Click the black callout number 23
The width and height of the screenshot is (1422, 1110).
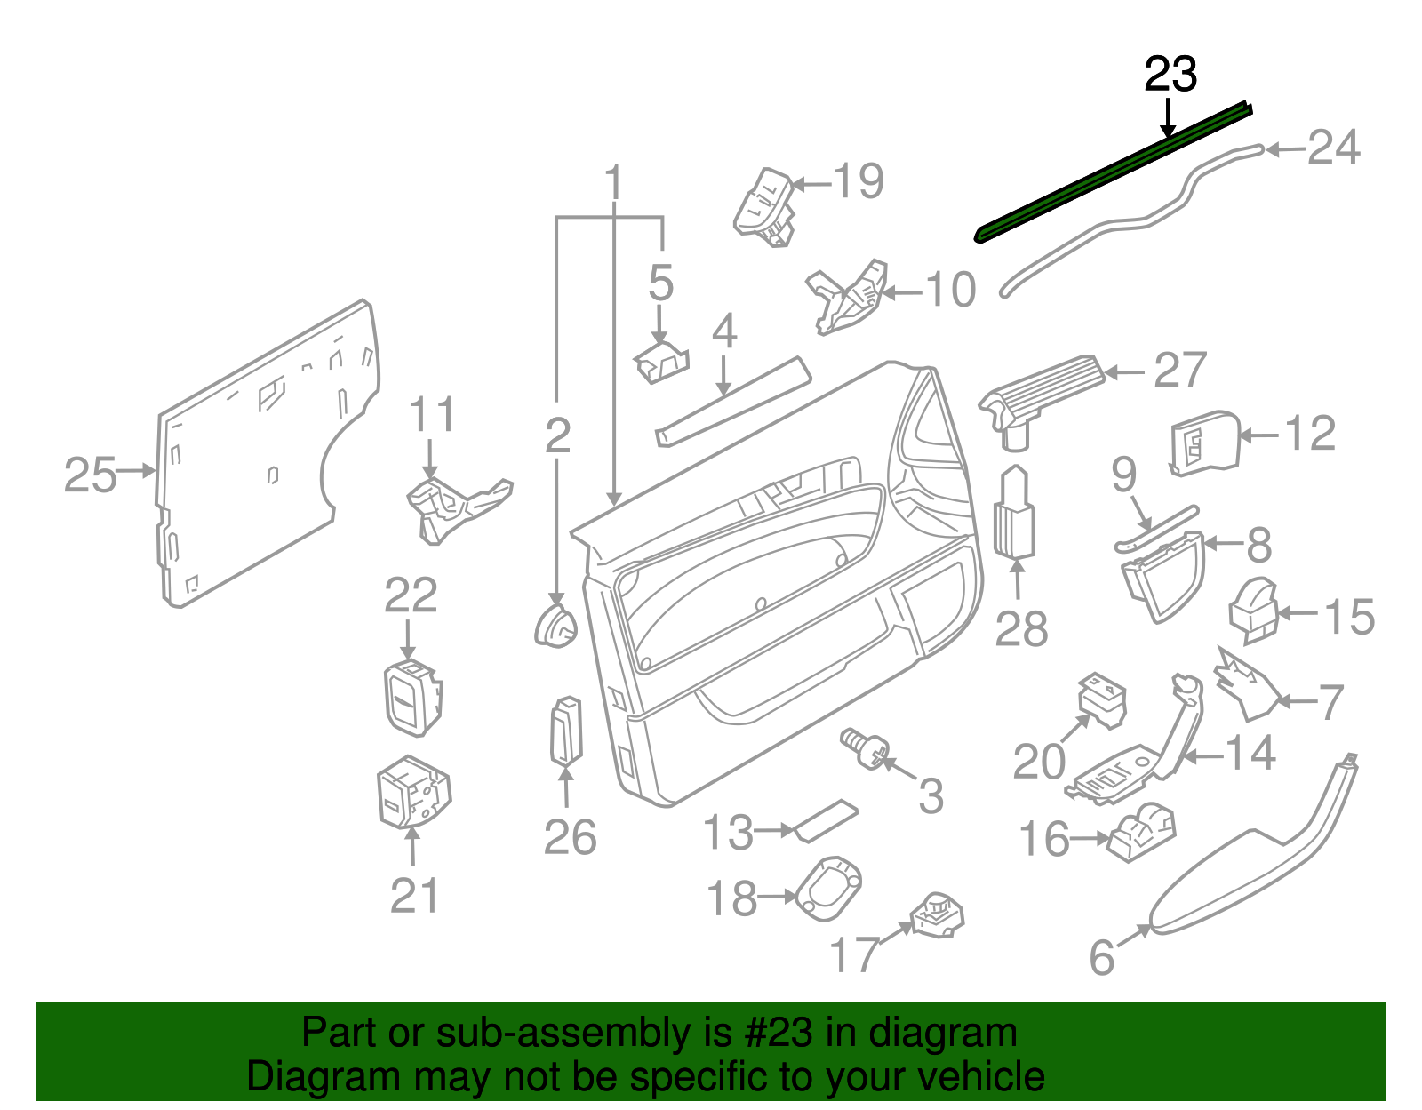(x=1170, y=74)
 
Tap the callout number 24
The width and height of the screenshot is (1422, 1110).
(x=1333, y=148)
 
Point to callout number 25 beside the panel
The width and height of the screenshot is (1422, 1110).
(x=90, y=475)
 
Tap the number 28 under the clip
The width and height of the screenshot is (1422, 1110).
(x=1021, y=628)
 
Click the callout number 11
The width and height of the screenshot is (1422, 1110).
(x=432, y=415)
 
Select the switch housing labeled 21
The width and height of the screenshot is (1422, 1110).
(x=413, y=792)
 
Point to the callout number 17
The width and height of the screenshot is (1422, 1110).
(x=854, y=954)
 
